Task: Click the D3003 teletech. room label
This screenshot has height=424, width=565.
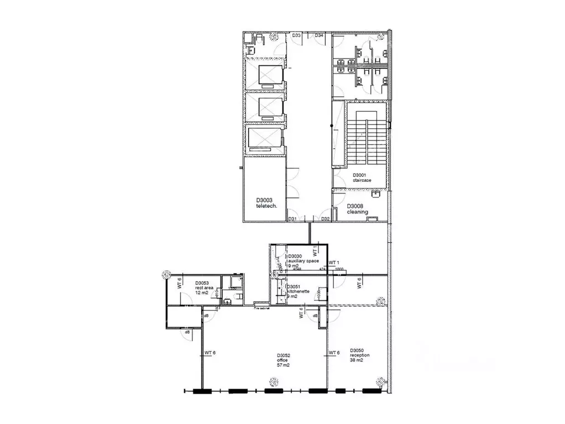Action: coord(265,203)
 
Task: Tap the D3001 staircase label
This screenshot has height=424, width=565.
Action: coord(362,177)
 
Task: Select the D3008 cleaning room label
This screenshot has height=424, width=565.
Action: coord(357,209)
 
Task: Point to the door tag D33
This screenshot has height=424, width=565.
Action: coord(297,35)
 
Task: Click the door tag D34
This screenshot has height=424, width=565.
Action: coord(319,35)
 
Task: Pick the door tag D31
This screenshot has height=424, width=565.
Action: coord(293,219)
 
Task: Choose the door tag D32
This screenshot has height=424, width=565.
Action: coord(326,219)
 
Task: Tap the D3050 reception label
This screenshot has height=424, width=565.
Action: coord(359,353)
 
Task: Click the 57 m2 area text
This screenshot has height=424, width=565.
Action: coord(282,365)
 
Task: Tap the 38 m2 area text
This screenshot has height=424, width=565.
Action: coord(357,360)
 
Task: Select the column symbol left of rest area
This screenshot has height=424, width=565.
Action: coord(165,274)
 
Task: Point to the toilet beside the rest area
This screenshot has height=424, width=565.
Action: coord(228,301)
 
